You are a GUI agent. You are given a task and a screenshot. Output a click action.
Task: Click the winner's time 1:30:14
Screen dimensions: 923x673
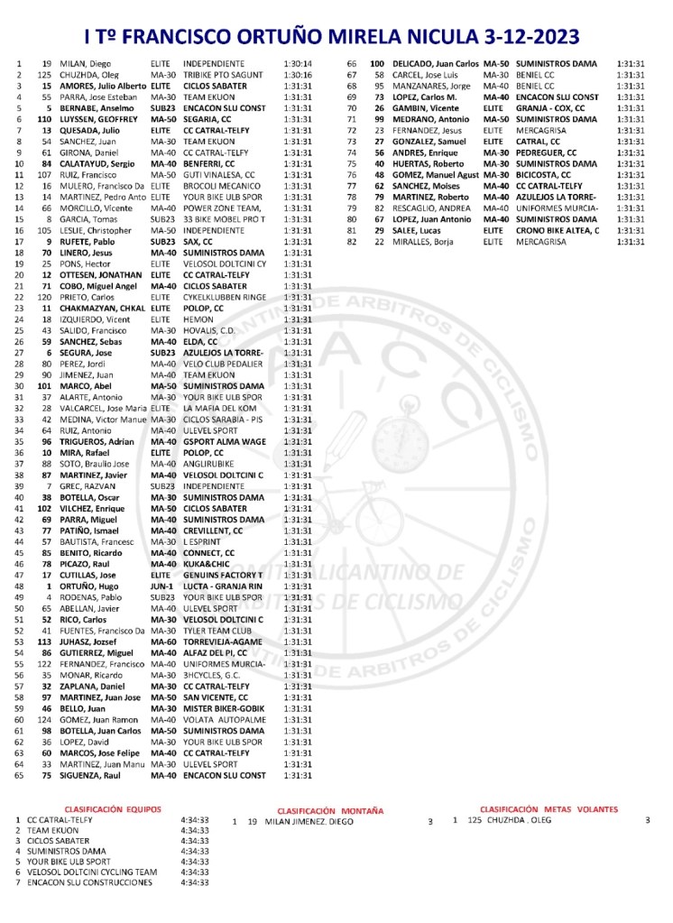(297, 64)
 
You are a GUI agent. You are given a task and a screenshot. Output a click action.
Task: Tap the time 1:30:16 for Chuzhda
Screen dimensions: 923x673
(297, 75)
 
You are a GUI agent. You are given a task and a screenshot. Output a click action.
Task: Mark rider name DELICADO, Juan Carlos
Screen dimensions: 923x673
(437, 64)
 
